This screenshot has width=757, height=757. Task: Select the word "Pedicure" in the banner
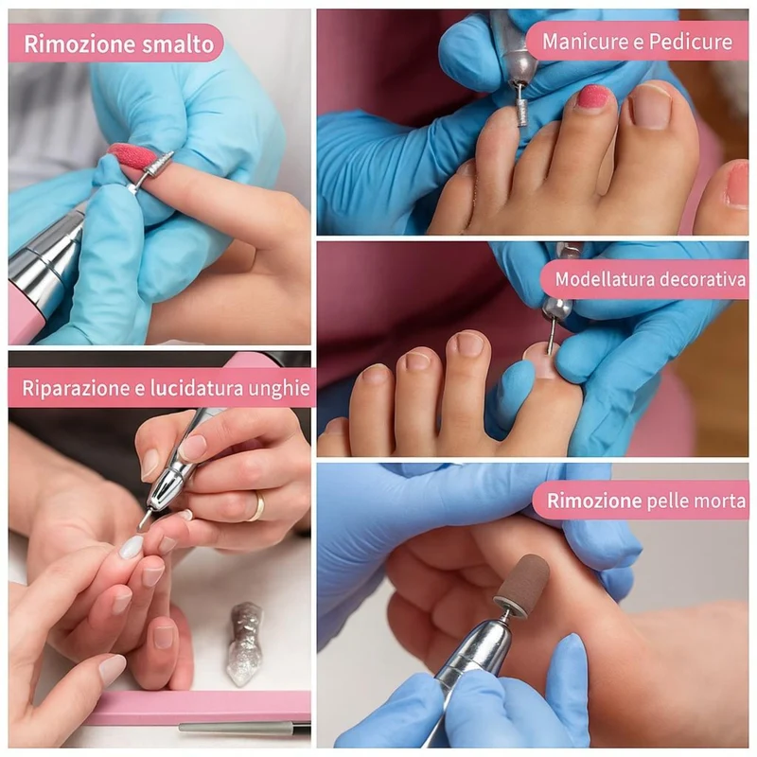(x=691, y=42)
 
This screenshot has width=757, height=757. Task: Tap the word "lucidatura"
(x=197, y=388)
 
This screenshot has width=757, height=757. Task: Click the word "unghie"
(x=278, y=389)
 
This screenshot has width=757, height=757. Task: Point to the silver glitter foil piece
(x=245, y=643)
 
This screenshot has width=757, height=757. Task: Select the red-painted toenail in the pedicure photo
(x=592, y=98)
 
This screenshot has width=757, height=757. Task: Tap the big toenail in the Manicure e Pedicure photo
(x=650, y=106)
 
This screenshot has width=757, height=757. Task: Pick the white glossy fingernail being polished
(x=132, y=547)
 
